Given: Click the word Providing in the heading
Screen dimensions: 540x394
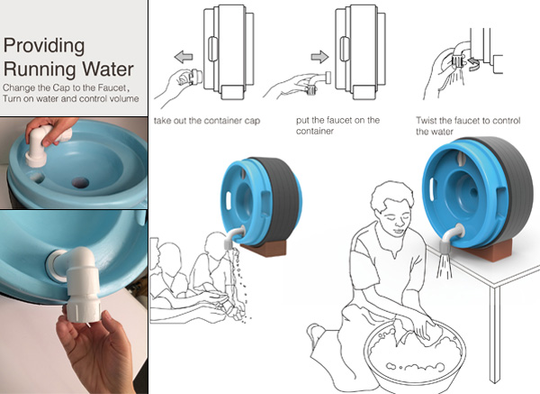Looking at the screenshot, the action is point(44,47).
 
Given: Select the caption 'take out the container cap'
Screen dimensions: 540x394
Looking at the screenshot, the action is point(207,121).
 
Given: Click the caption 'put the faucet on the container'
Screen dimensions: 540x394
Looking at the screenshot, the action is point(337,125).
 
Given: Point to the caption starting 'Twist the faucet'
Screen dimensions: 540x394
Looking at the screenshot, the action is point(468,126).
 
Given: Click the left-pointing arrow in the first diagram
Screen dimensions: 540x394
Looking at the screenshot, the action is point(184,57).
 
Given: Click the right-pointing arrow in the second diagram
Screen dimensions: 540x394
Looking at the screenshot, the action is point(319,57).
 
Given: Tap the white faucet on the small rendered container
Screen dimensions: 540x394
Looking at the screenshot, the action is point(233,238).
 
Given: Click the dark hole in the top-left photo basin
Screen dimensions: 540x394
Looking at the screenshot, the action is point(80,182).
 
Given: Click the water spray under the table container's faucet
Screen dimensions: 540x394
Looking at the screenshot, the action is point(445,265).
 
